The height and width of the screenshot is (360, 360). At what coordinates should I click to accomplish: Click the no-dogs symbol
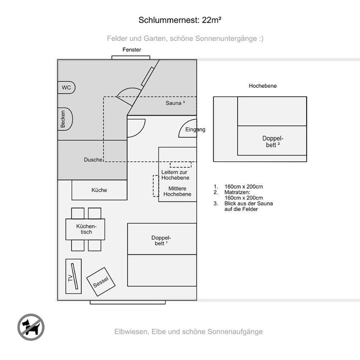[x=31, y=327]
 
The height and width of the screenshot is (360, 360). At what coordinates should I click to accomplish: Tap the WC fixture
[x=66, y=88]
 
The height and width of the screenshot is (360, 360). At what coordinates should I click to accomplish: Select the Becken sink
[x=65, y=119]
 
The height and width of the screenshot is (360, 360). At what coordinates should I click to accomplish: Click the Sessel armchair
[x=101, y=282]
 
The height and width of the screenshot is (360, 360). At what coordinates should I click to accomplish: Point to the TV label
[x=70, y=278]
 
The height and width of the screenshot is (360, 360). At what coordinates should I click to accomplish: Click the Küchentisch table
[x=85, y=229]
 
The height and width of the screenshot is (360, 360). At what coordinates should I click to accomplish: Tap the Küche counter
[x=100, y=190]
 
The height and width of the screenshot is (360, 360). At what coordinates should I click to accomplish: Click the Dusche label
[x=93, y=160]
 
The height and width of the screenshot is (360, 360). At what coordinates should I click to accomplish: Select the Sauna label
[x=175, y=103]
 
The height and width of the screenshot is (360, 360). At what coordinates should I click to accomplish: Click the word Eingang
[x=195, y=130]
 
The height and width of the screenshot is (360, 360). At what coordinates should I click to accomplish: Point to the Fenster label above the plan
[x=132, y=50]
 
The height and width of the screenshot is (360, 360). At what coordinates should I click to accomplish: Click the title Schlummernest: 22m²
[x=180, y=20]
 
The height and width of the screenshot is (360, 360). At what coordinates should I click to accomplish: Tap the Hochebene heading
[x=263, y=86]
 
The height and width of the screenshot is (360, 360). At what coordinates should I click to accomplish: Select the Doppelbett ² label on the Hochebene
[x=273, y=141]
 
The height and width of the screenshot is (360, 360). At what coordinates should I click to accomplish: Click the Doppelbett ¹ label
[x=161, y=241]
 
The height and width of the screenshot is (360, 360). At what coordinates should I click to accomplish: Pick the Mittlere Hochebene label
[x=177, y=191]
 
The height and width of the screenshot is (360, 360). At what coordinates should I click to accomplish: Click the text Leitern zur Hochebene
[x=175, y=175]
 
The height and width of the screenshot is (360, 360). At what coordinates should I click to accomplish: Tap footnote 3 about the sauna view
[x=244, y=206]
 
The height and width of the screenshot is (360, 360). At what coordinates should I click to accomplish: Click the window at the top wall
[x=131, y=58]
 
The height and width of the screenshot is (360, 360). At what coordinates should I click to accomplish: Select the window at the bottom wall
[x=127, y=302]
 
